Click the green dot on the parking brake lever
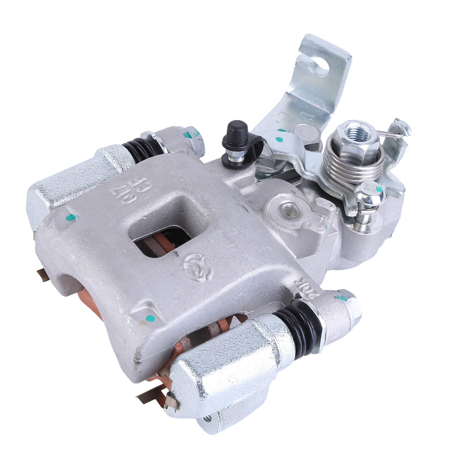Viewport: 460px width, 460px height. click(x=278, y=140)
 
